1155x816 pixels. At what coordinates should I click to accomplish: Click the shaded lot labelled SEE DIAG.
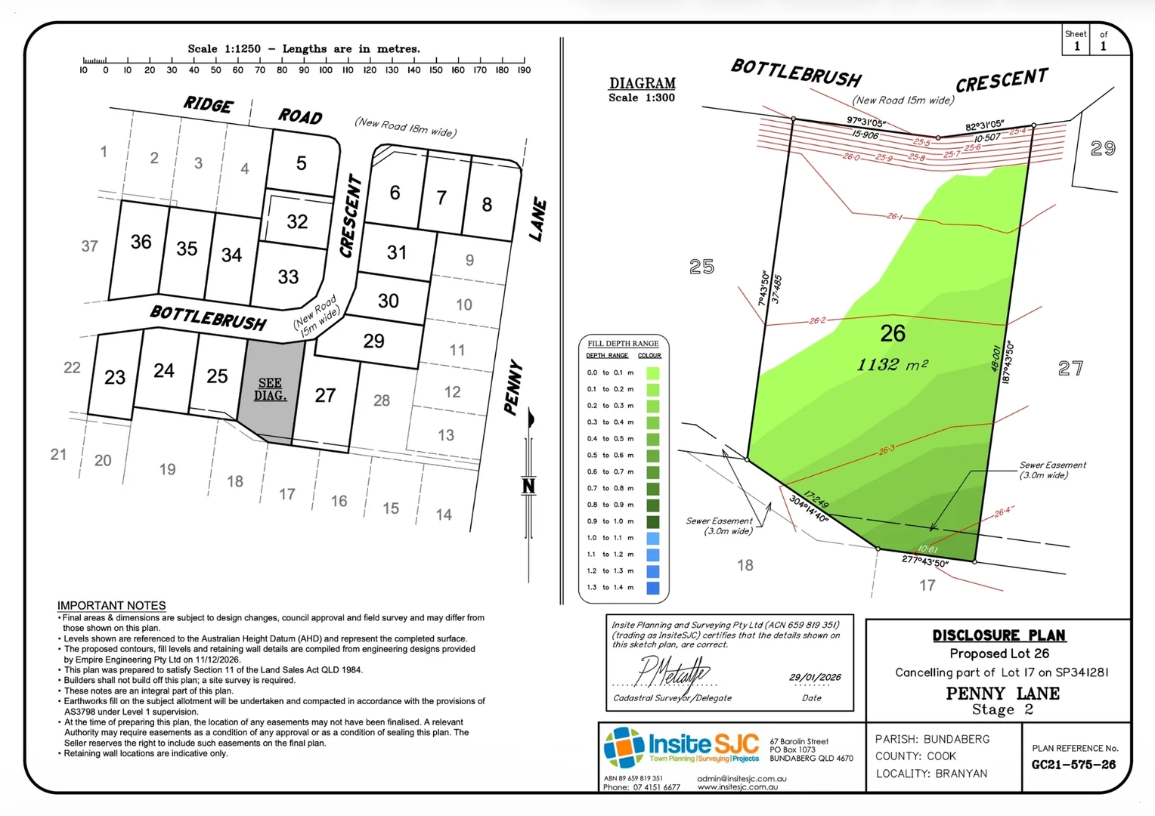[270, 389]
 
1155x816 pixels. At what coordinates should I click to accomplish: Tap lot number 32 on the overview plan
[297, 221]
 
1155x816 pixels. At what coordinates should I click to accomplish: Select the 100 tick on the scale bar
[326, 70]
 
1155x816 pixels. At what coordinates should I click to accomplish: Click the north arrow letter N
[528, 486]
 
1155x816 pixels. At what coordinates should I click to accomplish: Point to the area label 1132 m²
[892, 365]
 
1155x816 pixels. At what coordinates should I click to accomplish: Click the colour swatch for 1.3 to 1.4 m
[652, 588]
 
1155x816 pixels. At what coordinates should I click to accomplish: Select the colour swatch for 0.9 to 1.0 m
[652, 521]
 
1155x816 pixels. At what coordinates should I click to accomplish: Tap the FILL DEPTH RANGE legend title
[623, 343]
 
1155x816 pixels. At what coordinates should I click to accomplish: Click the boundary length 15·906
[865, 134]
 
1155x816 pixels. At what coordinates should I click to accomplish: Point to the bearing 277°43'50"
[924, 561]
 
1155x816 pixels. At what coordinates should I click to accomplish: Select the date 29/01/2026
[815, 677]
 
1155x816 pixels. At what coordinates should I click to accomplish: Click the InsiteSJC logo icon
[624, 746]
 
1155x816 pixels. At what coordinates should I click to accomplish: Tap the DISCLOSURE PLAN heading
[999, 635]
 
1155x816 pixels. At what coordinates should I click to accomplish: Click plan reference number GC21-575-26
[1073, 765]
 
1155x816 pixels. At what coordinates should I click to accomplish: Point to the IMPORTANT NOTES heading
[111, 605]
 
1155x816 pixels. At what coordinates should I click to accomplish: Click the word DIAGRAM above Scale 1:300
[642, 83]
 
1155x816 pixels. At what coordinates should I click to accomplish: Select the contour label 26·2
[817, 320]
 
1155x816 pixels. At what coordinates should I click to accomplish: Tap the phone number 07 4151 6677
[656, 787]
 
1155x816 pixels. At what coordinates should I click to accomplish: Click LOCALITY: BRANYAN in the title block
[931, 774]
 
